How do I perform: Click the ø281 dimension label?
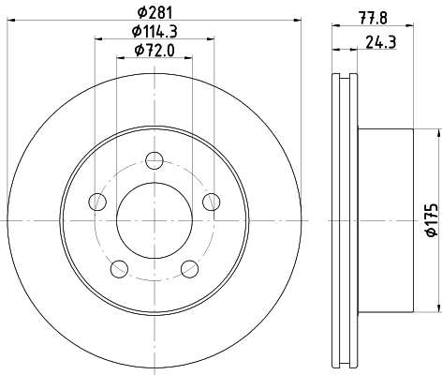[154, 12]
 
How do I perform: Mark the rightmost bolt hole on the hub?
[211, 201]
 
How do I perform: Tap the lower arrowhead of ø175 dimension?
[437, 307]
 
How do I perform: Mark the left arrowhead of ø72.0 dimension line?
[120, 58]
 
